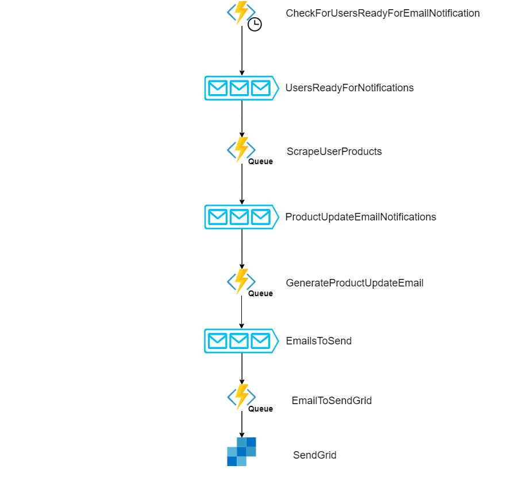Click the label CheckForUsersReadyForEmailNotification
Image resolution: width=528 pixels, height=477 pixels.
click(383, 13)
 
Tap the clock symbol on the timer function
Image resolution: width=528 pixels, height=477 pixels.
click(255, 24)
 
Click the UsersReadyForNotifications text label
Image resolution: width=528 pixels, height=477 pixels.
click(349, 88)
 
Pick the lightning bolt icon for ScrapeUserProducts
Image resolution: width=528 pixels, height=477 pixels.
click(241, 149)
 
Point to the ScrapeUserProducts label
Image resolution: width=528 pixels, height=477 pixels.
click(334, 152)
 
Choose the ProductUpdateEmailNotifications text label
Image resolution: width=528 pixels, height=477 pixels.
click(361, 217)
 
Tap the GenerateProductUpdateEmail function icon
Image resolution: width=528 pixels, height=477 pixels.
click(241, 281)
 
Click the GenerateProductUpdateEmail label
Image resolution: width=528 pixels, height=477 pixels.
click(354, 283)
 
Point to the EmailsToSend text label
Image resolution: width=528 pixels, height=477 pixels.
click(319, 341)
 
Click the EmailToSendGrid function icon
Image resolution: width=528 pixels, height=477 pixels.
click(241, 397)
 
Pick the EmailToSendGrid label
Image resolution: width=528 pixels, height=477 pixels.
click(332, 401)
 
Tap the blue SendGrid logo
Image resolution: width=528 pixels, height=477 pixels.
click(241, 452)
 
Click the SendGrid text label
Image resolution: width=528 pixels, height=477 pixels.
click(314, 455)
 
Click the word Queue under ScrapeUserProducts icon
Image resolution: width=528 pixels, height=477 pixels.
click(260, 162)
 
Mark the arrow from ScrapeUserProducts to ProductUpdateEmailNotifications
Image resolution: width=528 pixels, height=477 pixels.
click(242, 184)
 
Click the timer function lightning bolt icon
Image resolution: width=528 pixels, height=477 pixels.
click(241, 12)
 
